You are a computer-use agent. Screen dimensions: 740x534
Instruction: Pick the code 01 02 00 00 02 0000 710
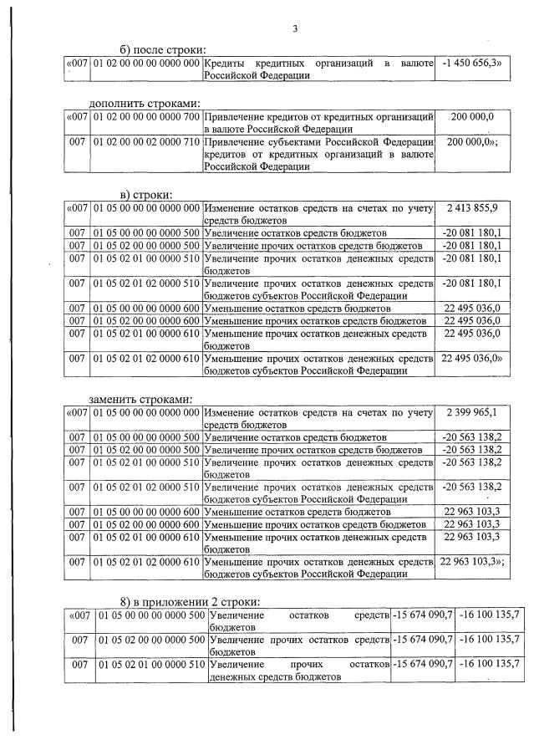(146, 143)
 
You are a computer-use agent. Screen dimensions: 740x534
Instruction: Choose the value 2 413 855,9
(472, 207)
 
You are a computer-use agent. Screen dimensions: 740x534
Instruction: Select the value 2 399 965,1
(472, 411)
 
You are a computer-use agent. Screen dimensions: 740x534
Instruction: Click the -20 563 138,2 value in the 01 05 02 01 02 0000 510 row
(472, 486)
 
